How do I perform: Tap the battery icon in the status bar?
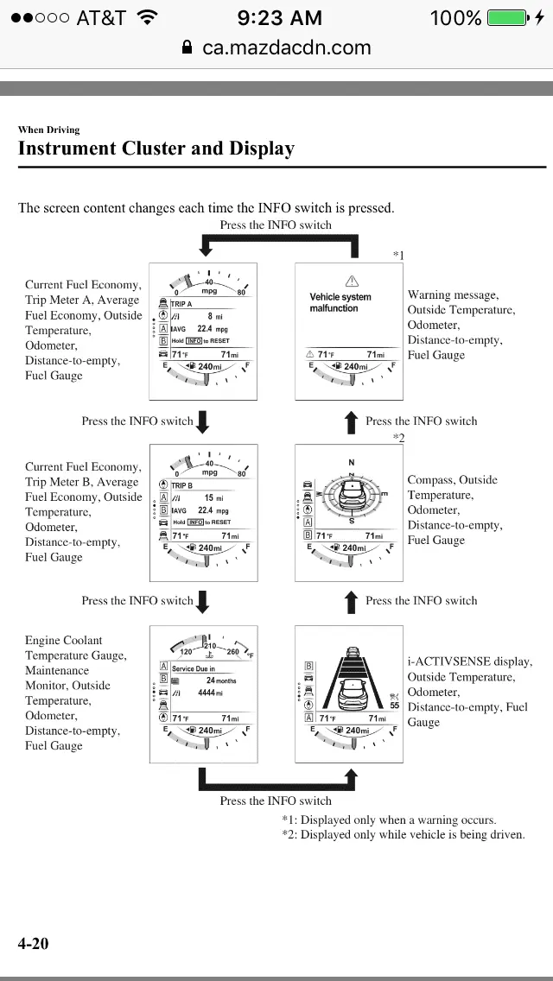[x=507, y=17]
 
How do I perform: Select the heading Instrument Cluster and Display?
[x=156, y=149]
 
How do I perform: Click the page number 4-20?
[x=34, y=943]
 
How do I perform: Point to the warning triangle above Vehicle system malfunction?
[x=351, y=281]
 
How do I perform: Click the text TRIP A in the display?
[x=181, y=305]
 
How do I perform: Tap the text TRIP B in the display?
[x=181, y=485]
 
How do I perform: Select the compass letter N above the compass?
[x=351, y=463]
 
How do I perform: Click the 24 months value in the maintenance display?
[x=221, y=680]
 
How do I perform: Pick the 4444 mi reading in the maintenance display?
[x=210, y=693]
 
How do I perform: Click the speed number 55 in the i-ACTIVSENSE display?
[x=394, y=706]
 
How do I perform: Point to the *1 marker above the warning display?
[x=398, y=255]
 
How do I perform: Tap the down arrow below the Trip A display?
[x=203, y=421]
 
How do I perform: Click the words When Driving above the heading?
[x=48, y=130]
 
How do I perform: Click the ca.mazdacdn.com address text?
[x=287, y=47]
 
